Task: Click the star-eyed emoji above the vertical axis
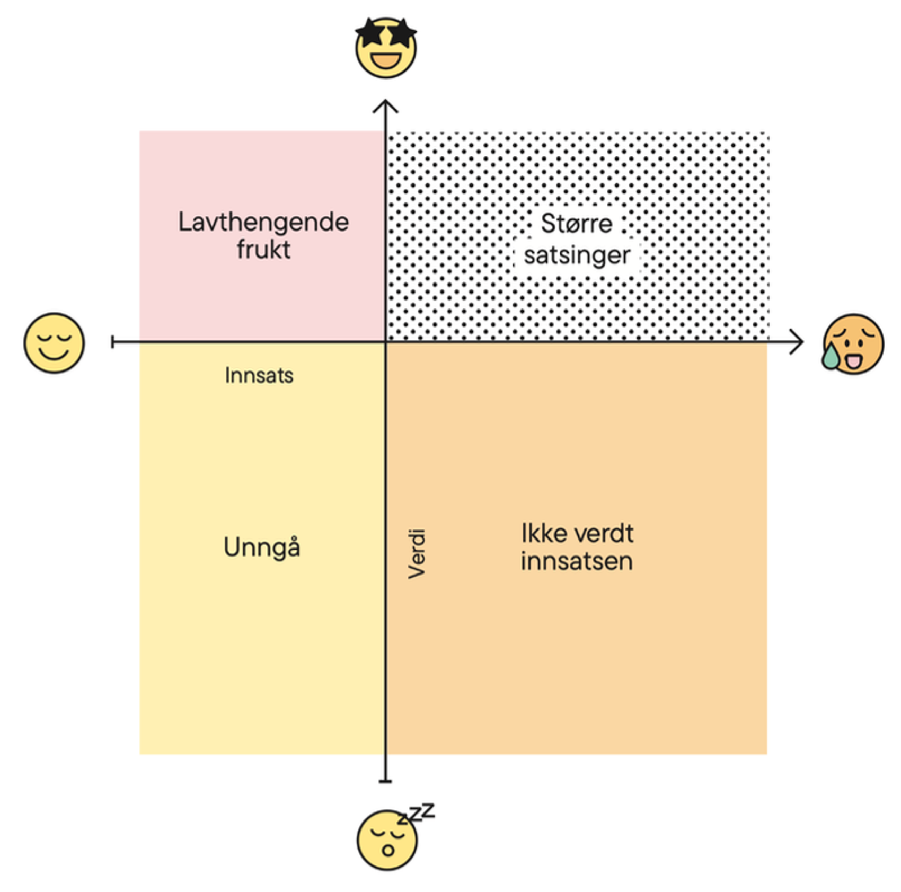[x=386, y=49]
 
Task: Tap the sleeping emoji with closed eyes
[x=387, y=840]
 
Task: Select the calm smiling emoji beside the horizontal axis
[x=54, y=343]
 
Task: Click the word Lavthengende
[x=263, y=222]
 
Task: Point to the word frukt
[x=263, y=250]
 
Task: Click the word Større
[x=577, y=223]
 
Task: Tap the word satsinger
[x=577, y=255]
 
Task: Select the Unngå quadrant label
[x=262, y=547]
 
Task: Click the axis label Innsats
[x=259, y=375]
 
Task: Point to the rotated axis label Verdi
[x=417, y=553]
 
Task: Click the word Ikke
[x=540, y=533]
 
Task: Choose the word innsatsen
[x=577, y=561]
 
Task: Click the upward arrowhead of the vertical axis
[x=385, y=105]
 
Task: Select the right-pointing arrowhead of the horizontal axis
[x=797, y=342]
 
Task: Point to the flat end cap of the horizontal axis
[x=113, y=342]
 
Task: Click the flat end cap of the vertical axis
[x=385, y=781]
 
